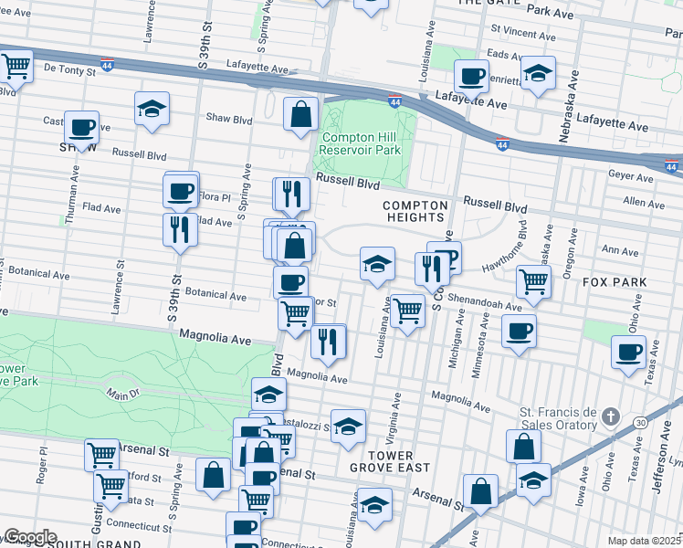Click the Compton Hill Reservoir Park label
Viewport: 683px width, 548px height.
(361, 143)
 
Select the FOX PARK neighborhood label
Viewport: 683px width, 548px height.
(615, 282)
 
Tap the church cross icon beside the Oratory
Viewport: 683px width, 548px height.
(613, 417)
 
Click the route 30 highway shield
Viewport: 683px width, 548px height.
(641, 422)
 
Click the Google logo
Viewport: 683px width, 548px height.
(29, 537)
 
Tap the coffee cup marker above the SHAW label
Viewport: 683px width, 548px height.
(81, 127)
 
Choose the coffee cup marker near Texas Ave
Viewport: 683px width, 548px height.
(627, 352)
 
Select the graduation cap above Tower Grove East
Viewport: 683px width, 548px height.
(347, 426)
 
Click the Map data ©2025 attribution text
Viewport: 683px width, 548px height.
(644, 541)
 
